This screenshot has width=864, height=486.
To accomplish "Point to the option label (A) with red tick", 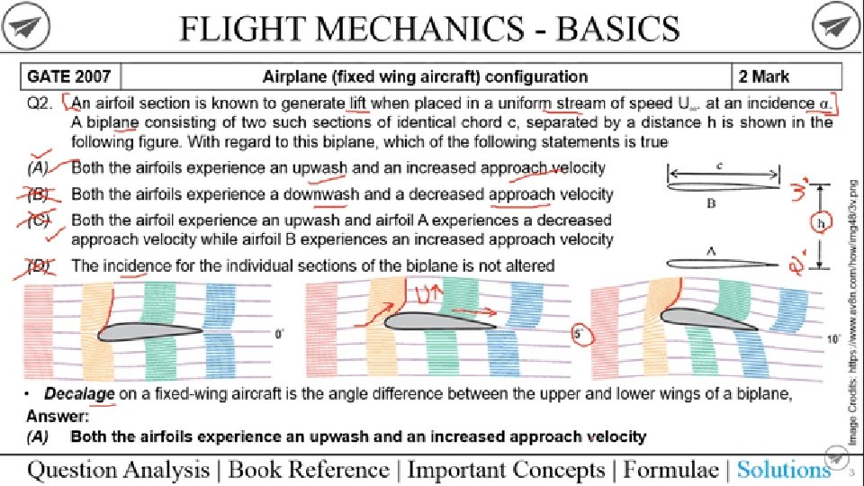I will [x=39, y=167].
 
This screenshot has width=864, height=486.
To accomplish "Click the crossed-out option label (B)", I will [x=39, y=193].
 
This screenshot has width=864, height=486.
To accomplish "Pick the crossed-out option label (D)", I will [x=39, y=265].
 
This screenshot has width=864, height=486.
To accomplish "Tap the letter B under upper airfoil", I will [x=711, y=204].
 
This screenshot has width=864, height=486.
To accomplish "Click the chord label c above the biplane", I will [x=723, y=166].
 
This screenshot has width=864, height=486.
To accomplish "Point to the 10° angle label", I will [x=834, y=339].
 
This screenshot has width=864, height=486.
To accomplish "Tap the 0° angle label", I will [x=280, y=334].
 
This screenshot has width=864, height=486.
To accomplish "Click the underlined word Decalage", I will [x=79, y=395].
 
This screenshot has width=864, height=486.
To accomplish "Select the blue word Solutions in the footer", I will [x=783, y=469].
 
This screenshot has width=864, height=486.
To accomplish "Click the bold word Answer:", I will [x=58, y=417].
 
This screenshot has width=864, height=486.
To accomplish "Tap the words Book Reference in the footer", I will [x=309, y=469].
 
